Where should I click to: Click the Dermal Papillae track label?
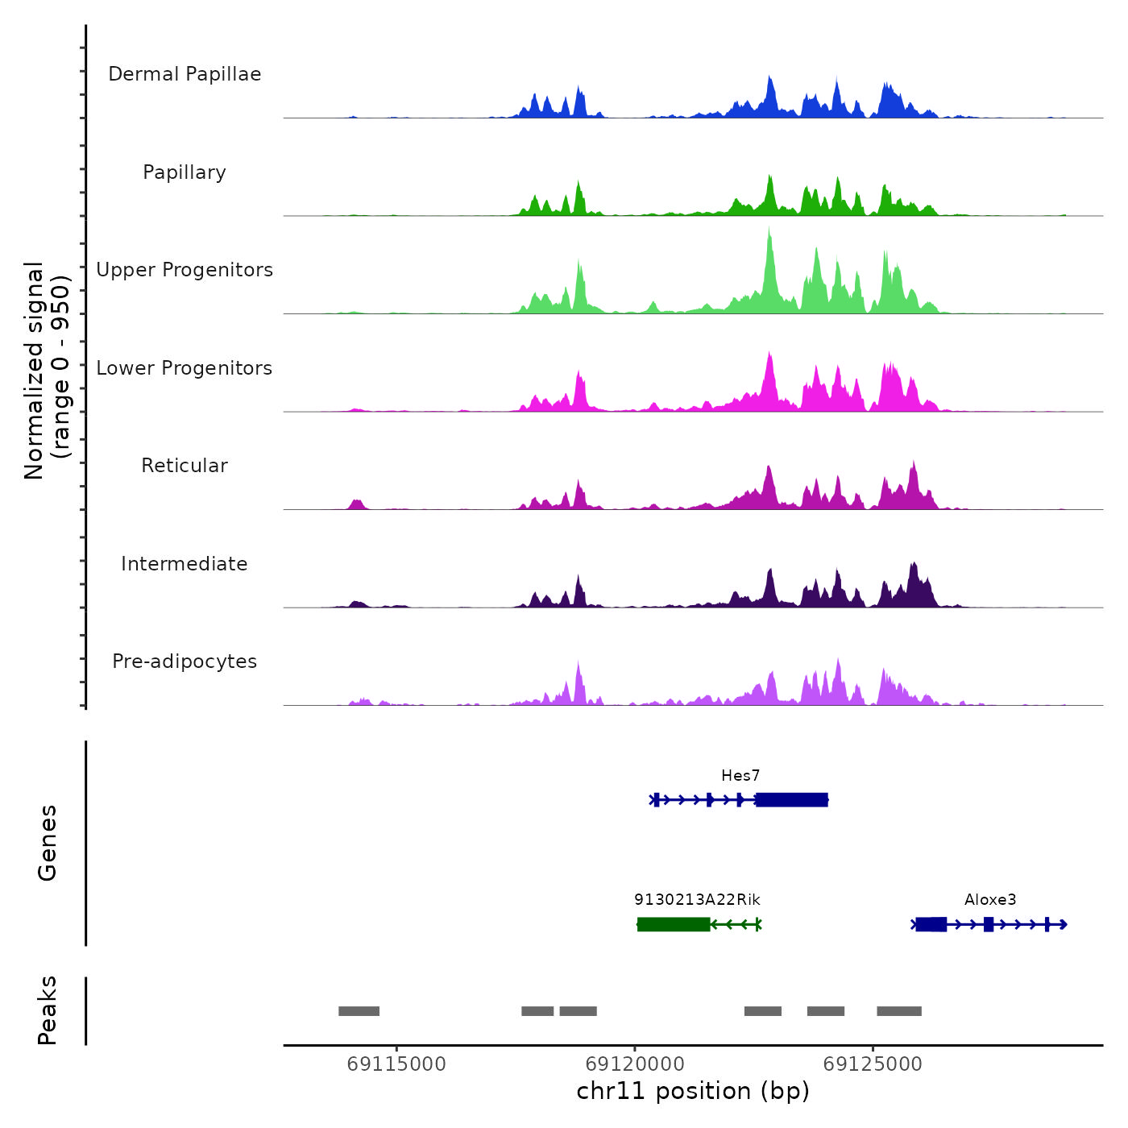pyautogui.click(x=185, y=74)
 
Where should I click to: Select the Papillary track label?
pyautogui.click(x=185, y=172)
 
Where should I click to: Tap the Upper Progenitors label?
pyautogui.click(x=185, y=270)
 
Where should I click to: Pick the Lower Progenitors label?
pyautogui.click(x=185, y=368)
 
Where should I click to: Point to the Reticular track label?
pyautogui.click(x=185, y=466)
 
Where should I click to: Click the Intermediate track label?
pyautogui.click(x=185, y=564)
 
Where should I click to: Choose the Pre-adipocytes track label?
pyautogui.click(x=185, y=661)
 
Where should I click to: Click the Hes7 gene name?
pyautogui.click(x=740, y=776)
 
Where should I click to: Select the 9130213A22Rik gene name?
pyautogui.click(x=697, y=900)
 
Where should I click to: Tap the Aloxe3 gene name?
pyautogui.click(x=990, y=900)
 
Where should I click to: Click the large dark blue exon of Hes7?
pyautogui.click(x=792, y=800)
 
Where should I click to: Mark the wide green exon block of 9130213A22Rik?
pyautogui.click(x=674, y=924)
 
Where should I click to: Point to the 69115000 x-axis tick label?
pyautogui.click(x=396, y=1064)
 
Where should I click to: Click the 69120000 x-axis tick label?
pyautogui.click(x=635, y=1064)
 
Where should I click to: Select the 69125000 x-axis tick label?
pyautogui.click(x=873, y=1064)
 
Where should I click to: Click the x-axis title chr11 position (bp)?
pyautogui.click(x=693, y=1091)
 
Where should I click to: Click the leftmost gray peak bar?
pyautogui.click(x=359, y=1011)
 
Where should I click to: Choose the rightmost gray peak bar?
pyautogui.click(x=899, y=1011)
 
